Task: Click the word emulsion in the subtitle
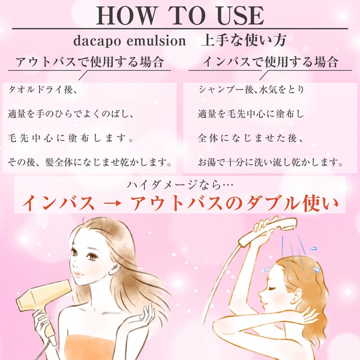point(156,41)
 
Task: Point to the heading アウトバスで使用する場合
point(90,62)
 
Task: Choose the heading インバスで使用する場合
point(270,62)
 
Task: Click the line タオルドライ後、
point(43,90)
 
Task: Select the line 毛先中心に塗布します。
point(71,138)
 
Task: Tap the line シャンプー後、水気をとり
point(252,90)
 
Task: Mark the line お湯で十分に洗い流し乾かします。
point(270,162)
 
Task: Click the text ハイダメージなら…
point(180,185)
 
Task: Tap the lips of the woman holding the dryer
point(79,274)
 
